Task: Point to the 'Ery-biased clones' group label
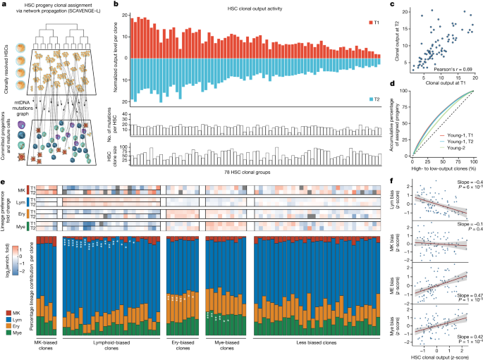pyautogui.click(x=183, y=346)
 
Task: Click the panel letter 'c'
pyautogui.click(x=398, y=6)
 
